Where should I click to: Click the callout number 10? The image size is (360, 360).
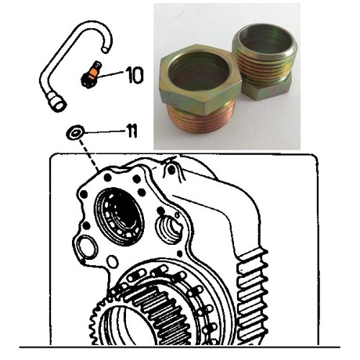(134, 75)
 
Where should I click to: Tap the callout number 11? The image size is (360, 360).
(131, 131)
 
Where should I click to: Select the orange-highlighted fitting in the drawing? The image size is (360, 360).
(92, 74)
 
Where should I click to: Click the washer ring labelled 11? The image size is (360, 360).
(76, 133)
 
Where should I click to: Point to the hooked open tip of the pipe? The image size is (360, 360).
(105, 49)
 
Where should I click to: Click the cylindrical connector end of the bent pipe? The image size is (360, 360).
(56, 103)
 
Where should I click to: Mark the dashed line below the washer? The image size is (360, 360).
(88, 155)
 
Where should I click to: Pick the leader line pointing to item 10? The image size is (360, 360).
(110, 74)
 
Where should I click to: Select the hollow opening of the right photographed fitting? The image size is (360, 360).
(265, 42)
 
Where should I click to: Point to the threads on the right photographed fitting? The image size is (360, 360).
(264, 66)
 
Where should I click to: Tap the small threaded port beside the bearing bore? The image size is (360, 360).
(169, 230)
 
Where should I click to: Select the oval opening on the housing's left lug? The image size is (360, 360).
(88, 247)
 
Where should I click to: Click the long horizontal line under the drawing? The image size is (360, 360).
(180, 347)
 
